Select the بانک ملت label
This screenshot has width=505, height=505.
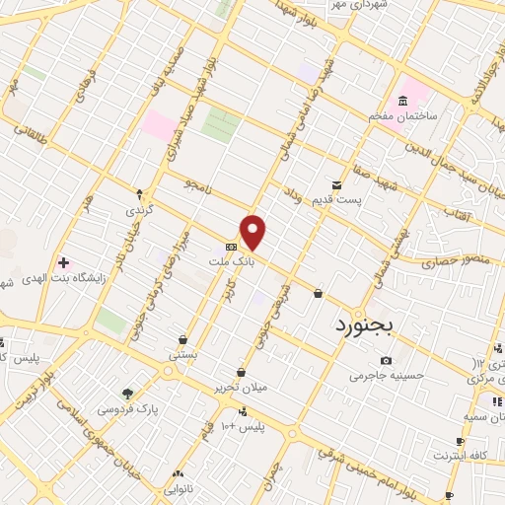(x=226, y=262)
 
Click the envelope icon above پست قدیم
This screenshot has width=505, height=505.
(x=336, y=184)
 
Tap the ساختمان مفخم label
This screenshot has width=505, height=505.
(x=402, y=116)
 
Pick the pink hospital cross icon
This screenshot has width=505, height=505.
(x=64, y=263)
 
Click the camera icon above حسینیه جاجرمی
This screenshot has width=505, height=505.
(x=385, y=360)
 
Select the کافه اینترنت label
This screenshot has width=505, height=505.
(x=460, y=456)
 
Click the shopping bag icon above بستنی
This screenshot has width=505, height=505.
(x=183, y=338)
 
